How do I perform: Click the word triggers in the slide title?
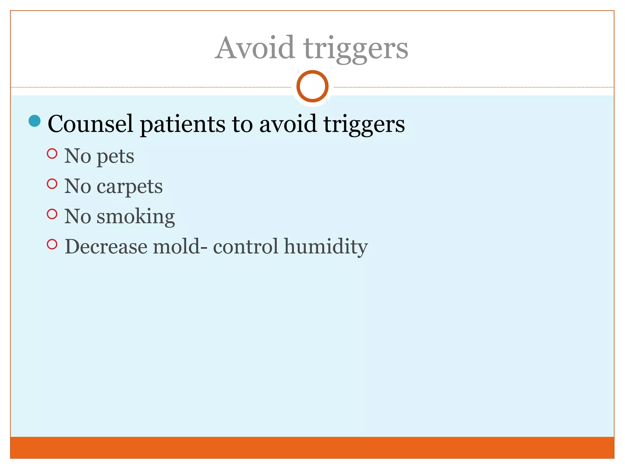(356, 49)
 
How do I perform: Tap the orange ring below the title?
(312, 86)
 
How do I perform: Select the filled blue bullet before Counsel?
(34, 121)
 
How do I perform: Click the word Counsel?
(91, 124)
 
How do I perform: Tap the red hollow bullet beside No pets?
(52, 154)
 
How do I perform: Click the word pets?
(115, 157)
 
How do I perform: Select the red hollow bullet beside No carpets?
(52, 184)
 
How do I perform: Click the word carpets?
(130, 187)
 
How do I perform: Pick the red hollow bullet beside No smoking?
(52, 214)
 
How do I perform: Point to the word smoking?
(136, 217)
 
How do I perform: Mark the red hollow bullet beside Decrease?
(52, 244)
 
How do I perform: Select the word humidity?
(326, 247)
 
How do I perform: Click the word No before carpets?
(78, 186)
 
